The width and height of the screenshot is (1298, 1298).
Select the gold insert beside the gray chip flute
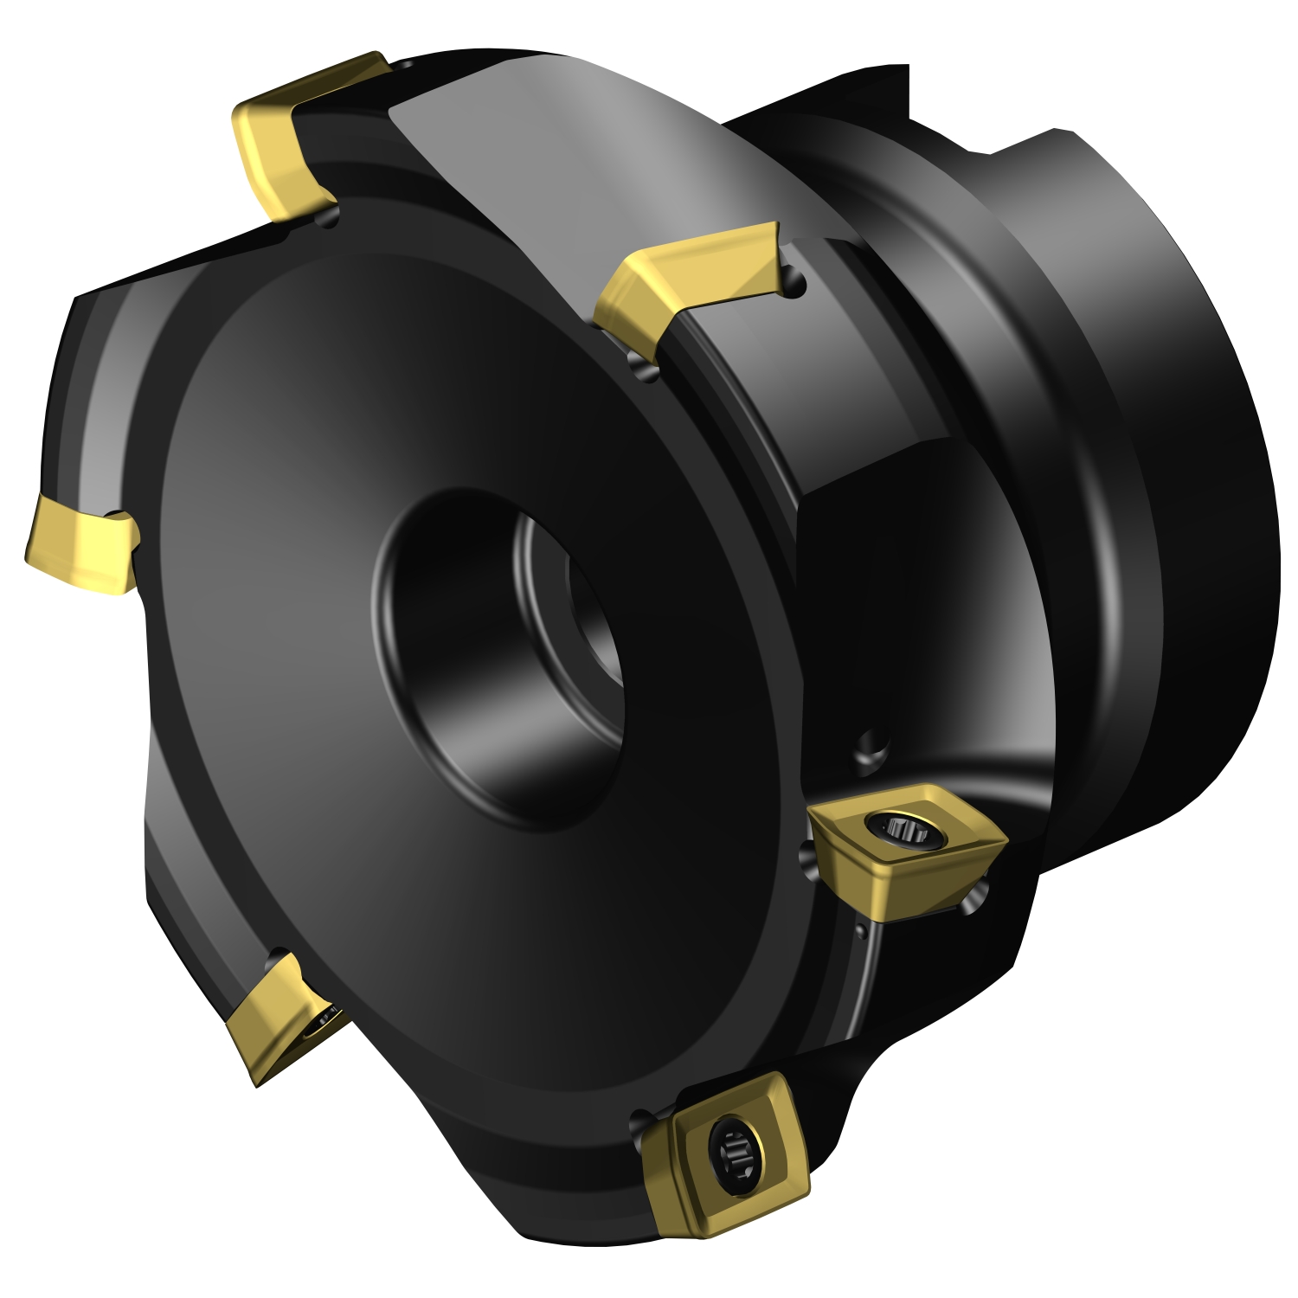click(x=684, y=277)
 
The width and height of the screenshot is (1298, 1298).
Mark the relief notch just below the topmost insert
click(x=329, y=220)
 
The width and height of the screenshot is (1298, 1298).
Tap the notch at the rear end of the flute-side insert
click(x=794, y=281)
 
